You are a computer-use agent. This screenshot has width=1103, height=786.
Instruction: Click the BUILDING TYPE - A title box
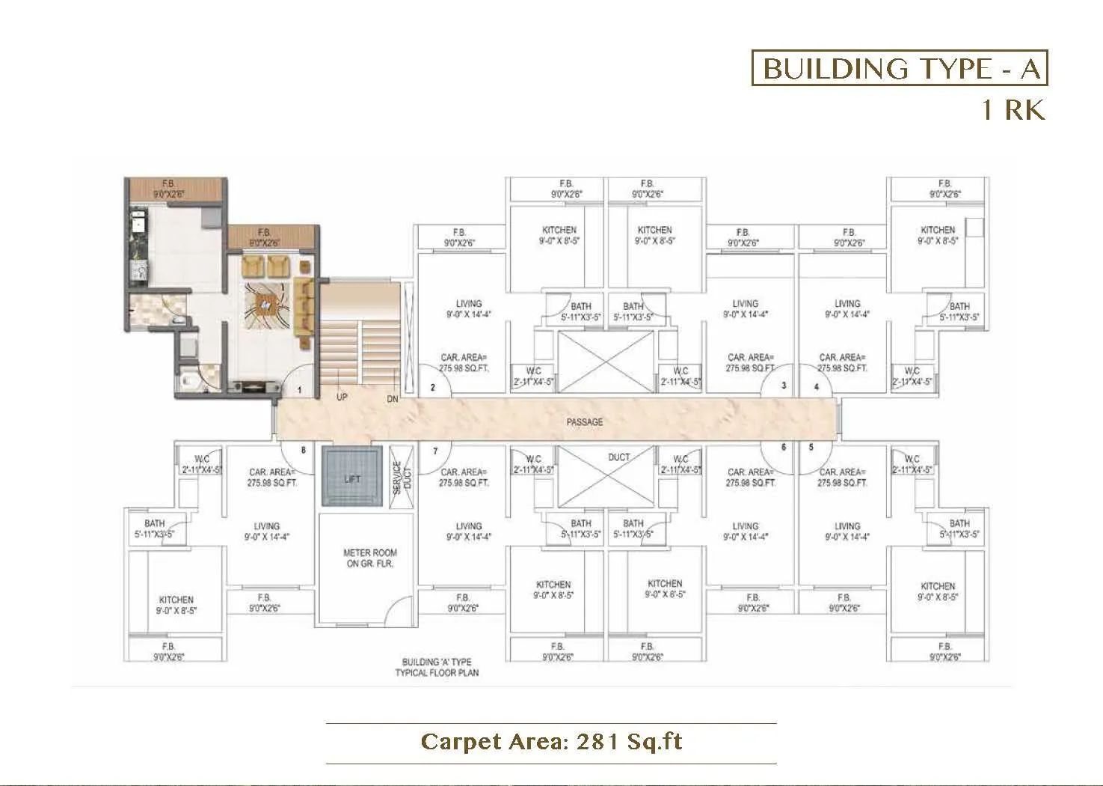tap(900, 69)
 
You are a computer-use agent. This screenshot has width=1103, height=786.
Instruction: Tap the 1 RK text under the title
tap(1013, 110)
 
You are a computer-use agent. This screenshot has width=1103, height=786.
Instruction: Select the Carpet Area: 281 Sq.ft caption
tap(551, 741)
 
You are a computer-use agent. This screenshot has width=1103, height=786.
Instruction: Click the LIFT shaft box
tap(351, 478)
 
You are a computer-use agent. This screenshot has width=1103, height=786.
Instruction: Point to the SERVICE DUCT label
tap(402, 477)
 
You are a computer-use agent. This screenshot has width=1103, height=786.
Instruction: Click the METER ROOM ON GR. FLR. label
tap(369, 558)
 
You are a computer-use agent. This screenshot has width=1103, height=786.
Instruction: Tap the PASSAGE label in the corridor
tap(584, 422)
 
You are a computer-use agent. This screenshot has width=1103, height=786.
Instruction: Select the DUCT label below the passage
tap(618, 457)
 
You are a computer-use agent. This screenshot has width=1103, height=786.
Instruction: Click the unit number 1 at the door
tap(300, 390)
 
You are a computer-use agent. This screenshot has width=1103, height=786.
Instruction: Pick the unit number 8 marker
tap(303, 451)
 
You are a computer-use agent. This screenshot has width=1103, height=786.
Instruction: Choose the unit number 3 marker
tap(783, 386)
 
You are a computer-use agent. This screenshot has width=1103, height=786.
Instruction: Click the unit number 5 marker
tap(811, 448)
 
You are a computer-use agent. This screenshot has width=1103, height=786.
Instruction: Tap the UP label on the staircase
tap(341, 397)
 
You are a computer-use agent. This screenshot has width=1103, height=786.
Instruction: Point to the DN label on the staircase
tap(393, 399)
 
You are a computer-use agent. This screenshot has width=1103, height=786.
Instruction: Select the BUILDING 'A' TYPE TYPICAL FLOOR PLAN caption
tap(437, 667)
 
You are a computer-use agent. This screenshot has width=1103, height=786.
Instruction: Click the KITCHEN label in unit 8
tap(176, 605)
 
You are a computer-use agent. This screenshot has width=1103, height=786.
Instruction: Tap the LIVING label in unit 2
tap(469, 308)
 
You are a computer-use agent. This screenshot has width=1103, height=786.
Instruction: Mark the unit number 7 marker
tap(435, 451)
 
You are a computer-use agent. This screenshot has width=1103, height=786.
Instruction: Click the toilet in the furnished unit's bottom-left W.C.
tap(188, 381)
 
